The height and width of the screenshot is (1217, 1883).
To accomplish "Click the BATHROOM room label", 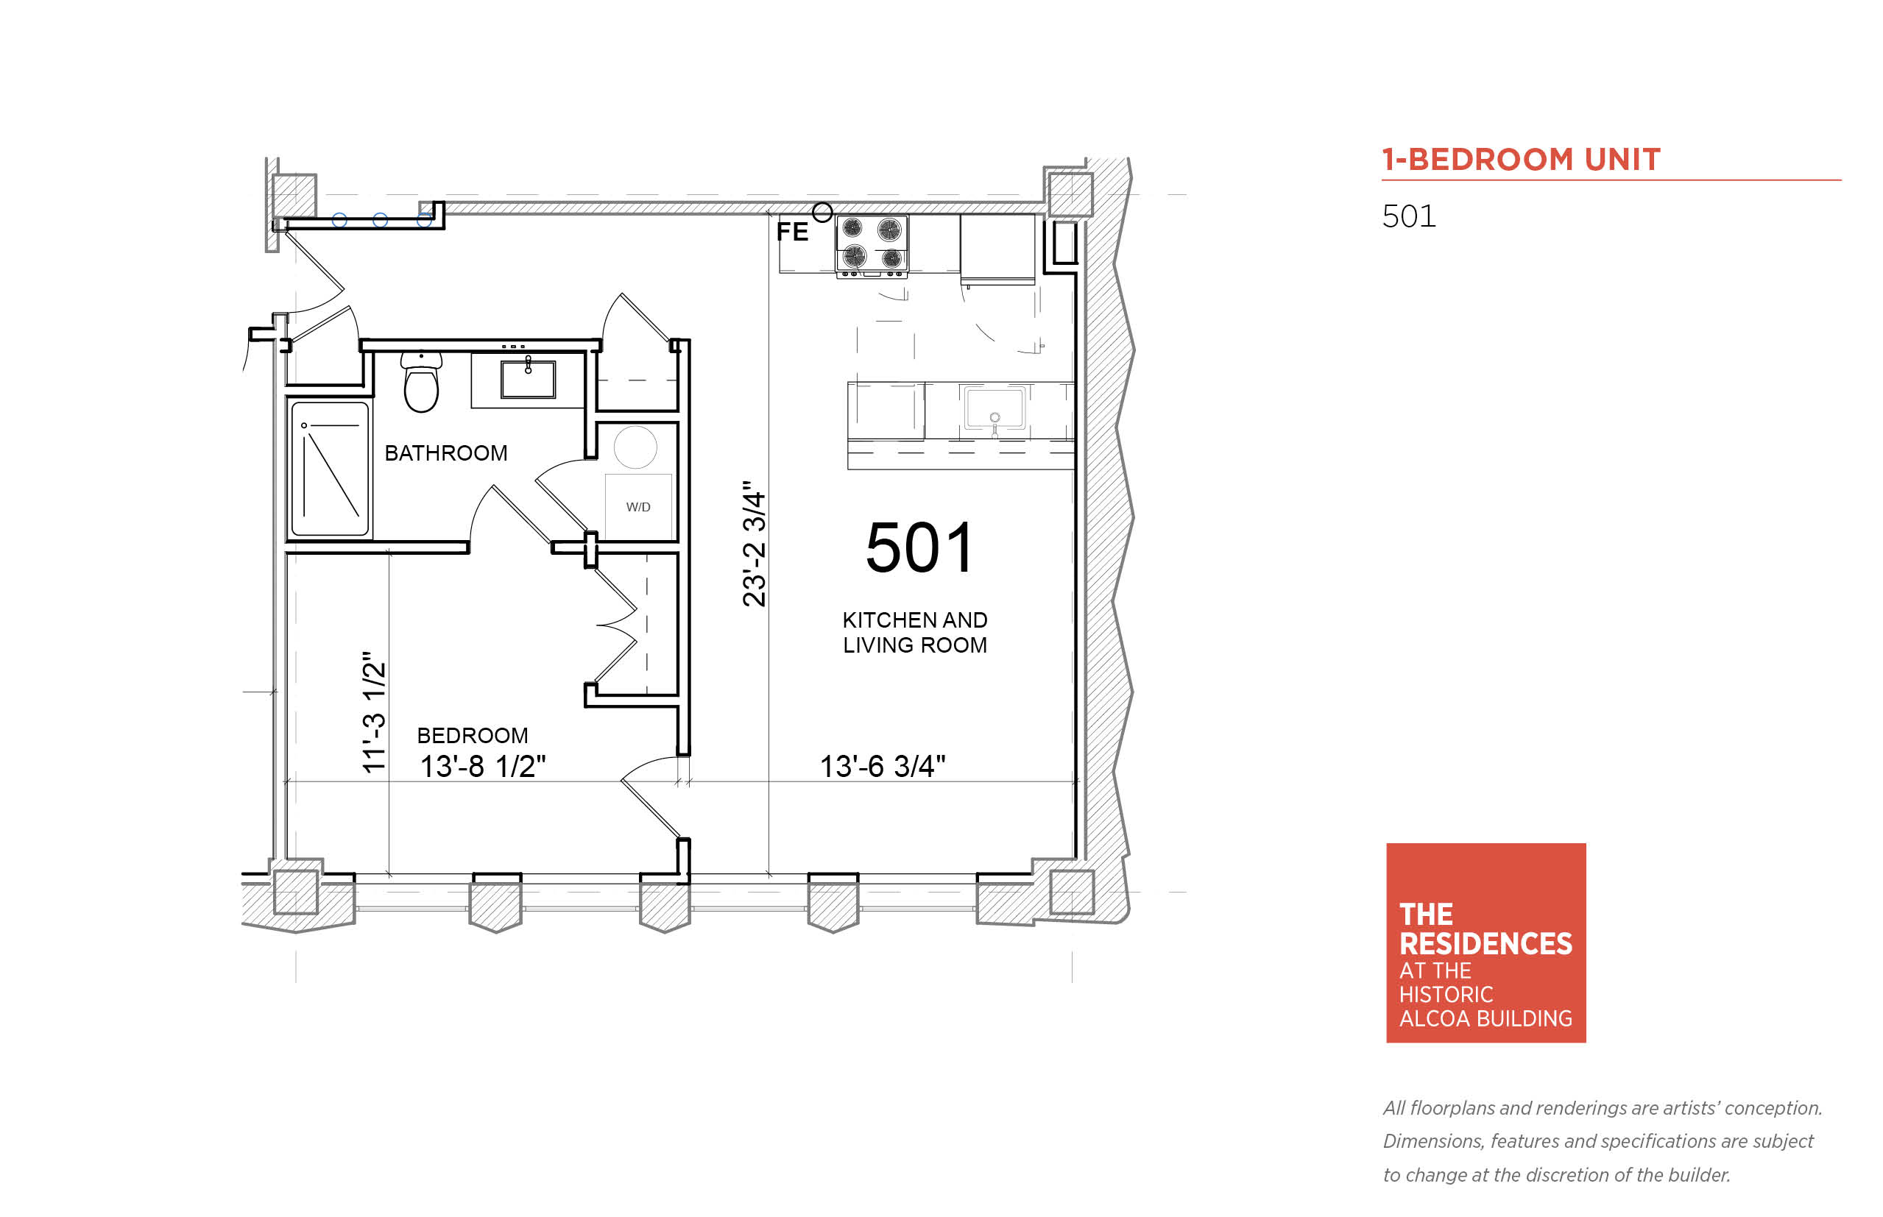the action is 446,453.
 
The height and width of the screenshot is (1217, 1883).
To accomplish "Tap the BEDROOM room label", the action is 473,736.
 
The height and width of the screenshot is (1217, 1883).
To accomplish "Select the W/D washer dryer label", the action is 638,506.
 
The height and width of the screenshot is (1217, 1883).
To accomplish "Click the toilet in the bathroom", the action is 421,382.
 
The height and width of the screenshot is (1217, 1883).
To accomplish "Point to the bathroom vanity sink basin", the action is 528,378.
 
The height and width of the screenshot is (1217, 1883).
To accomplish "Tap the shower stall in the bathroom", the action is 330,469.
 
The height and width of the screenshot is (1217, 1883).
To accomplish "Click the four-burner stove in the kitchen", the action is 872,244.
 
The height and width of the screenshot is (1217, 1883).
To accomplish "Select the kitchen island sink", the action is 995,409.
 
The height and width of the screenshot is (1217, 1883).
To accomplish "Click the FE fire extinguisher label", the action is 792,232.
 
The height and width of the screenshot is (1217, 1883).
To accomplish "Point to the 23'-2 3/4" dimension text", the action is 754,543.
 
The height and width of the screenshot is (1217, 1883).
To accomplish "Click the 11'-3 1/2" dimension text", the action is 373,712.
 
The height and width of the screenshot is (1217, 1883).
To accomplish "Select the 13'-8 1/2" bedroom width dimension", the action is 482,767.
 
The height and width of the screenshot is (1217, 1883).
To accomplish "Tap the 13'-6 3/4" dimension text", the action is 882,767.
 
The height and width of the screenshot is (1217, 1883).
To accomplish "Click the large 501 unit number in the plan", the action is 920,547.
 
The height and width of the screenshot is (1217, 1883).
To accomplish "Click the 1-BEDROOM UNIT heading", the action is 1521,160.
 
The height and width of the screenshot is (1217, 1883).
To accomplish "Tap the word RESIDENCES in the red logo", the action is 1485,943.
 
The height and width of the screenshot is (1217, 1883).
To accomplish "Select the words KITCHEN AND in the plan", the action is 914,620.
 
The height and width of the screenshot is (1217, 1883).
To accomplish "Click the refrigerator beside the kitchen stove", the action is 997,248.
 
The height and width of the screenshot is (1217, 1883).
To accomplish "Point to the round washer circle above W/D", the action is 635,447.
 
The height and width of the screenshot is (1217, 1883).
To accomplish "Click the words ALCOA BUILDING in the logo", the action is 1485,1018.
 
